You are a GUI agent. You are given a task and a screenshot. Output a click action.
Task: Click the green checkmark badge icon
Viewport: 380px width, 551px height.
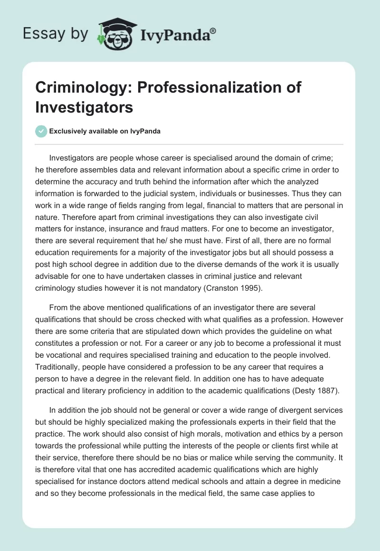[41, 131]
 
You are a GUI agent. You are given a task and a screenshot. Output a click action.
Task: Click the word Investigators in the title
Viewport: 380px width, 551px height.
[84, 107]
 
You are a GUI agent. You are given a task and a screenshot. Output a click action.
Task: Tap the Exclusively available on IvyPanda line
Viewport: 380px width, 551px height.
[104, 131]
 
